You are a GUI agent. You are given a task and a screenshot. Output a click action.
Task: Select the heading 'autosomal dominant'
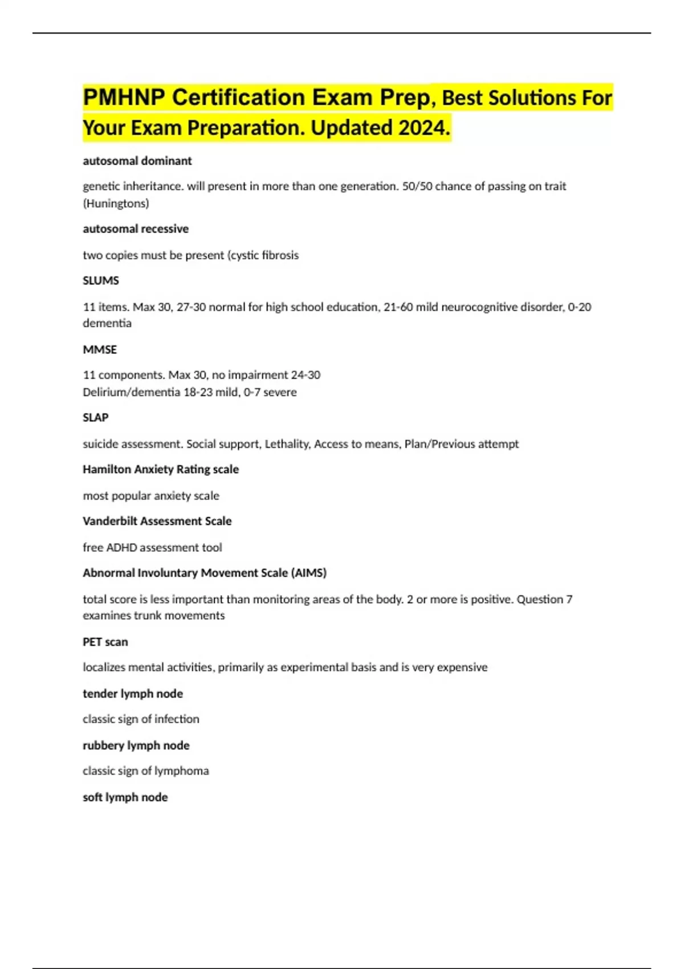point(137,161)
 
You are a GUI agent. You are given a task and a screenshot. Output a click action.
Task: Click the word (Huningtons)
point(116,203)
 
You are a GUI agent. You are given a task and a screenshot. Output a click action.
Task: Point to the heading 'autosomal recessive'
point(136,229)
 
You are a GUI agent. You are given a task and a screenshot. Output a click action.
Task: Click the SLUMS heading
point(101,280)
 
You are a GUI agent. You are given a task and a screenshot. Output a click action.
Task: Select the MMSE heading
point(100,349)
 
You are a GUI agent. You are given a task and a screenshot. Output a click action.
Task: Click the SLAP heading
point(96,417)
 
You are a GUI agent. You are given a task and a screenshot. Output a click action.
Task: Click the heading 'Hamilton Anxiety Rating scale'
point(161,469)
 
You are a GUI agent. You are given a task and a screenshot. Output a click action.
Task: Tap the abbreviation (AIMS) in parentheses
point(308,573)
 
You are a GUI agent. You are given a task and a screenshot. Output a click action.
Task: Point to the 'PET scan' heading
point(105,642)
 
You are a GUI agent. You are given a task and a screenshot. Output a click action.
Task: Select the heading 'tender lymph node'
point(133,694)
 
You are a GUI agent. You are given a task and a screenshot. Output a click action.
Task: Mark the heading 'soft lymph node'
point(125,797)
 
